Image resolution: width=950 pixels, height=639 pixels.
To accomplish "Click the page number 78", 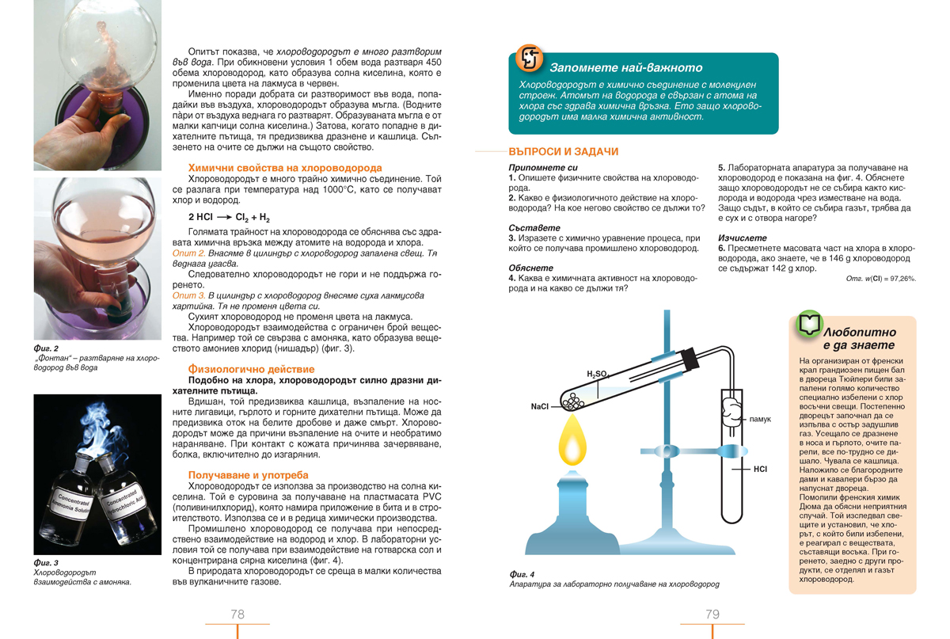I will point(237,614).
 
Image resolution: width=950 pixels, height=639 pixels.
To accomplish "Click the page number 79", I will point(712,614).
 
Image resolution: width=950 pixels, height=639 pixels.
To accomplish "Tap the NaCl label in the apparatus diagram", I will point(540,407).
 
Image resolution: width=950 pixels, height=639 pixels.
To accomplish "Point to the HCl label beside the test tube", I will point(760,469).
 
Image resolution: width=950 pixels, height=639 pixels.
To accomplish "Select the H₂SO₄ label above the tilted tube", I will point(597,374).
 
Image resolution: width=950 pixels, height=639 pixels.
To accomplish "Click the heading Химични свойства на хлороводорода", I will point(285,168).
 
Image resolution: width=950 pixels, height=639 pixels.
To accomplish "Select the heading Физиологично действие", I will point(251,369).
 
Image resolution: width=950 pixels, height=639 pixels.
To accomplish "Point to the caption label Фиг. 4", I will point(522,574).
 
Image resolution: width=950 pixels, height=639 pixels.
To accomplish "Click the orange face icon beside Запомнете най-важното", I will point(529,59).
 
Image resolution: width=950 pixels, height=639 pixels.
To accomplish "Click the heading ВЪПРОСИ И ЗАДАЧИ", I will point(563,151).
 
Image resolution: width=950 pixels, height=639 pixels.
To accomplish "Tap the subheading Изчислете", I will point(742,237).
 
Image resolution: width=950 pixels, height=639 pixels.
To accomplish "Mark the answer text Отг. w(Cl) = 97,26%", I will point(880,279).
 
